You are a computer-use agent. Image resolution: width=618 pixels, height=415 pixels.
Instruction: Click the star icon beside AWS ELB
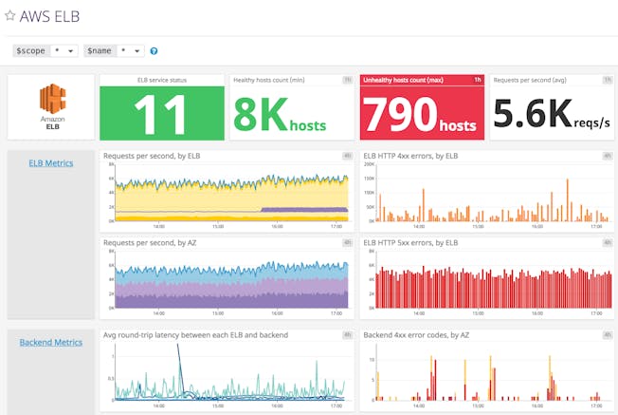pyautogui.click(x=10, y=16)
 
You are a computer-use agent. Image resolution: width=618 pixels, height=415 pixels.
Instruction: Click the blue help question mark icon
pyautogui.click(x=154, y=51)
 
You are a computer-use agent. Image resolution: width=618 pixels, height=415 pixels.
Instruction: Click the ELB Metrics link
pyautogui.click(x=51, y=163)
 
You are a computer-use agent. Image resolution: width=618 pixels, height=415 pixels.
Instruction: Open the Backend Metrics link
pyautogui.click(x=51, y=342)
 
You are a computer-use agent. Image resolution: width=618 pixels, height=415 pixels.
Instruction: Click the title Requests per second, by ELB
pyautogui.click(x=151, y=155)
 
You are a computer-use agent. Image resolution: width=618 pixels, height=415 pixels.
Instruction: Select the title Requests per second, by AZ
pyautogui.click(x=150, y=243)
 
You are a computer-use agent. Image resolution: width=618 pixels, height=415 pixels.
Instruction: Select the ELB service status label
pyautogui.click(x=161, y=80)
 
